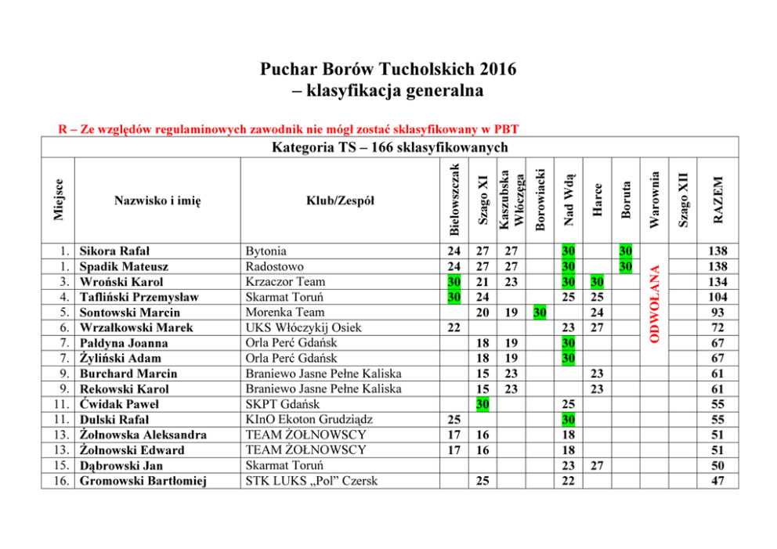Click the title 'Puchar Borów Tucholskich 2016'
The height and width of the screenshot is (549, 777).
(x=388, y=69)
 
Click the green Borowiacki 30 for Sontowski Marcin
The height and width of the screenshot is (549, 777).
(x=539, y=312)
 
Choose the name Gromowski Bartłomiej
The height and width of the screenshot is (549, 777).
(x=143, y=481)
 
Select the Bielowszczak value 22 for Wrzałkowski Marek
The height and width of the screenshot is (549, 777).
(x=454, y=327)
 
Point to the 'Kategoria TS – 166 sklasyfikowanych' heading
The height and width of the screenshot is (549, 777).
(x=389, y=148)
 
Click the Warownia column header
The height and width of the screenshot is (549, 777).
(x=655, y=200)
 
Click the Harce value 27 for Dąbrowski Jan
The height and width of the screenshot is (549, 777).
(x=597, y=465)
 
